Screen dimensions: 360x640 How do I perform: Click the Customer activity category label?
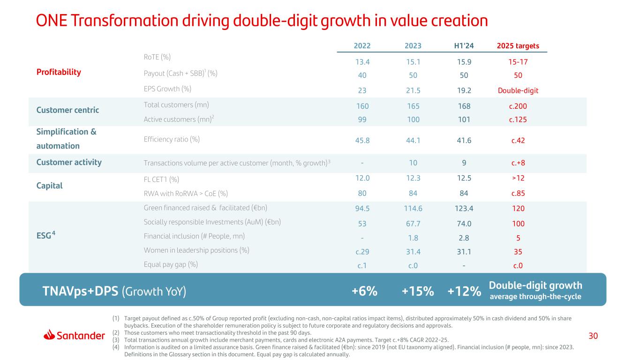coord(69,163)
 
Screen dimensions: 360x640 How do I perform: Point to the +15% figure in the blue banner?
coord(417,291)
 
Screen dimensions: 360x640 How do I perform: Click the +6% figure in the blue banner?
coord(364,291)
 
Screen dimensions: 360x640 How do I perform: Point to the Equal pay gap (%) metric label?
coord(171,264)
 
